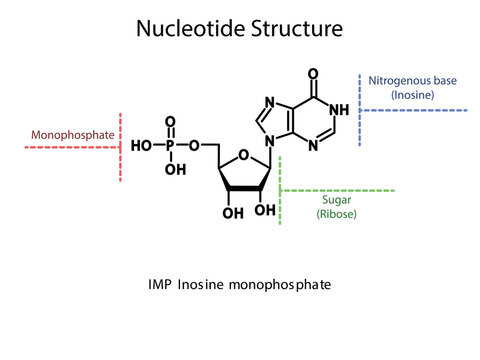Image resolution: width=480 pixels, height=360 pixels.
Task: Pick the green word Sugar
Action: (x=336, y=200)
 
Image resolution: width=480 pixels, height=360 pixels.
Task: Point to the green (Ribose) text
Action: (x=336, y=214)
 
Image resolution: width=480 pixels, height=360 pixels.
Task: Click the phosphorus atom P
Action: (x=171, y=145)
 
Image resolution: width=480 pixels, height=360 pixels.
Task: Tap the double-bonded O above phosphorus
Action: (x=171, y=123)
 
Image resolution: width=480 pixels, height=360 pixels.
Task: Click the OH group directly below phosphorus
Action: (x=174, y=169)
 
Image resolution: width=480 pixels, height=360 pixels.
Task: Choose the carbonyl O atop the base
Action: (x=313, y=74)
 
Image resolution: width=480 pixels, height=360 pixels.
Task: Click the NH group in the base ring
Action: (x=339, y=110)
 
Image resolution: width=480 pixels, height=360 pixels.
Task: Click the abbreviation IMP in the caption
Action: (x=159, y=285)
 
